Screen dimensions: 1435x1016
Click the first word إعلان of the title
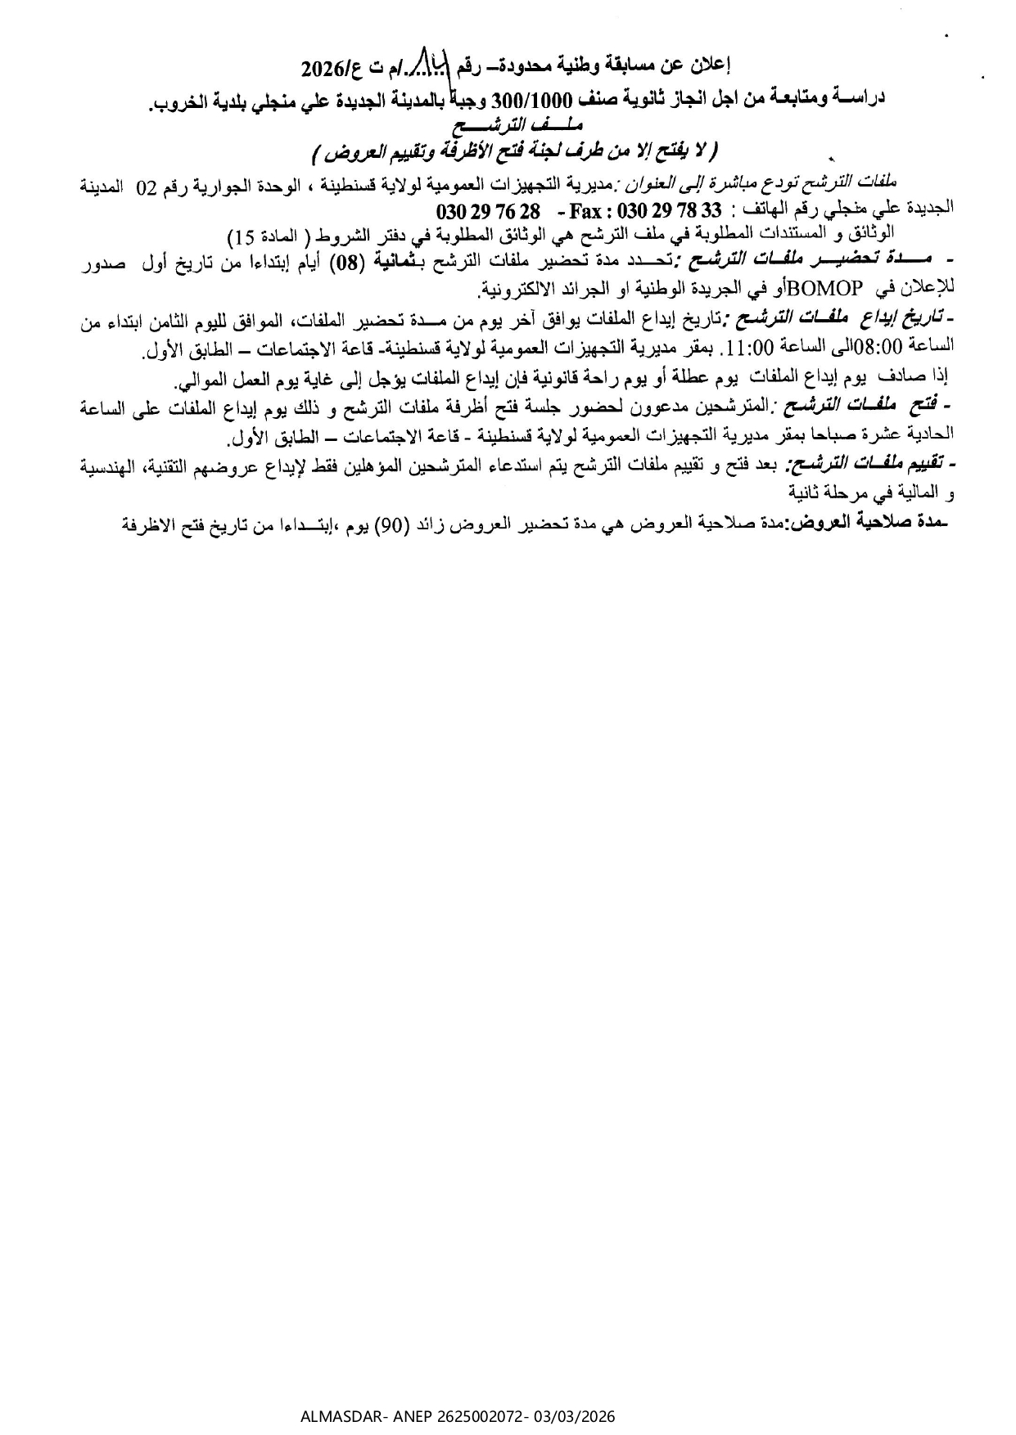tap(714, 63)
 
